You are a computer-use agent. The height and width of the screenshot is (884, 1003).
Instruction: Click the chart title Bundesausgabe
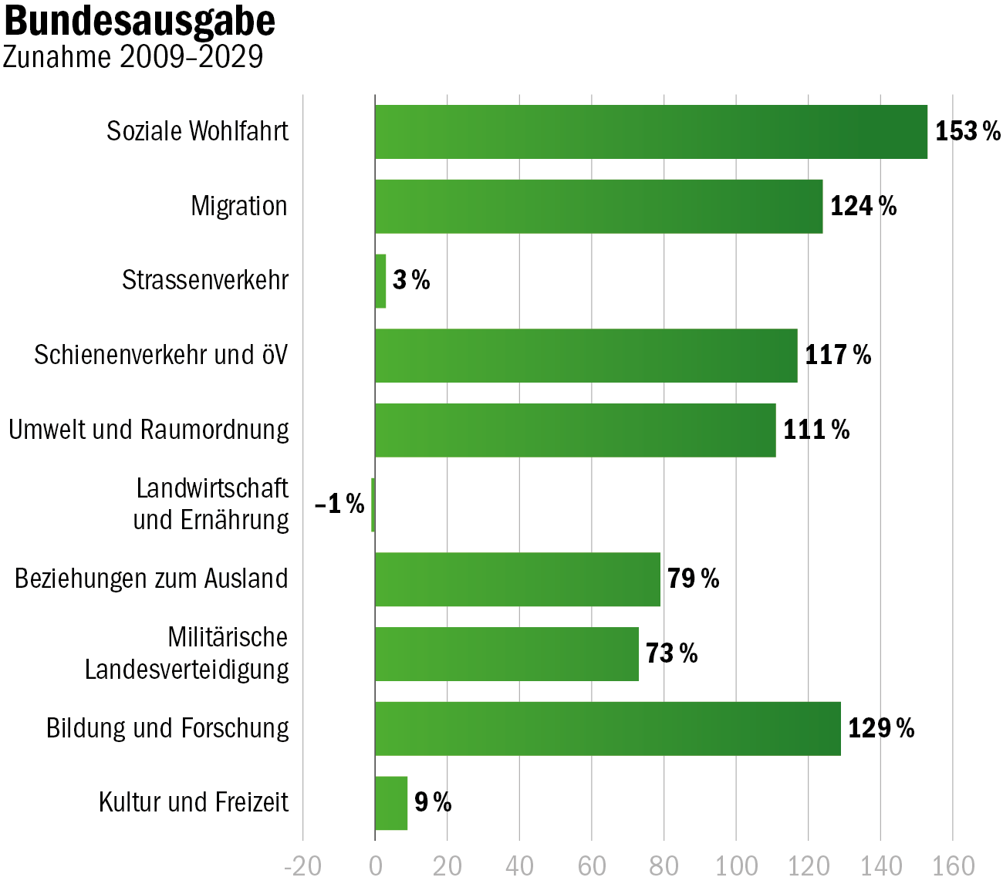click(x=140, y=22)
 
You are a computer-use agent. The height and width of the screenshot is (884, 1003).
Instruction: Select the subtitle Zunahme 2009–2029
click(x=133, y=57)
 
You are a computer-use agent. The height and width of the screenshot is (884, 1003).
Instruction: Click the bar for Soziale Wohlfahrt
click(x=650, y=132)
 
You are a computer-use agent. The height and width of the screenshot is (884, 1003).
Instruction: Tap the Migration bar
click(x=598, y=207)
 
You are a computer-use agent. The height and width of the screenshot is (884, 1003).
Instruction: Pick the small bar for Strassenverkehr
click(x=380, y=281)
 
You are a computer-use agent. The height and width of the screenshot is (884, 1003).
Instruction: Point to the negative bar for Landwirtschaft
click(x=373, y=504)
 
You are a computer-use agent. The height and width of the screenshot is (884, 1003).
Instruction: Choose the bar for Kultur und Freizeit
click(x=391, y=803)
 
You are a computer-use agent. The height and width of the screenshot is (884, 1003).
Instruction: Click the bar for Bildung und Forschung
click(x=607, y=728)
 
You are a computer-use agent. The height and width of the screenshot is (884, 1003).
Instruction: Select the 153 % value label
click(x=968, y=132)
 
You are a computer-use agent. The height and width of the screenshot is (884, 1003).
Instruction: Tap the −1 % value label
click(x=339, y=504)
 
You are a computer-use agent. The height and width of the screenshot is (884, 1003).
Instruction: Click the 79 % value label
click(x=693, y=579)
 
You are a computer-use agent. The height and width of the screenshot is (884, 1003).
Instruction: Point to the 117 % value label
click(x=838, y=356)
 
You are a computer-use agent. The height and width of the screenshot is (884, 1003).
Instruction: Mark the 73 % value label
click(x=671, y=653)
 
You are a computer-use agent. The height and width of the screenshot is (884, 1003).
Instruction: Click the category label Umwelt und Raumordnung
click(x=149, y=430)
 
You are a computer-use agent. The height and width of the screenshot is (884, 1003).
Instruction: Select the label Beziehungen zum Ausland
click(x=151, y=579)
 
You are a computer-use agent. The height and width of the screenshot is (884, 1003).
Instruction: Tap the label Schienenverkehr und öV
click(x=160, y=356)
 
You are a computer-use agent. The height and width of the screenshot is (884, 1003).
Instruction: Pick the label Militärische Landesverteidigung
click(x=187, y=653)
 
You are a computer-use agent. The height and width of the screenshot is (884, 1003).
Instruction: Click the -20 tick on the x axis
click(x=302, y=866)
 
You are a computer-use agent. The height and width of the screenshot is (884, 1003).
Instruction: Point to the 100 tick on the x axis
click(x=735, y=866)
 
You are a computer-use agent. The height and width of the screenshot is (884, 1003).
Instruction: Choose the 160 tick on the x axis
click(x=953, y=866)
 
